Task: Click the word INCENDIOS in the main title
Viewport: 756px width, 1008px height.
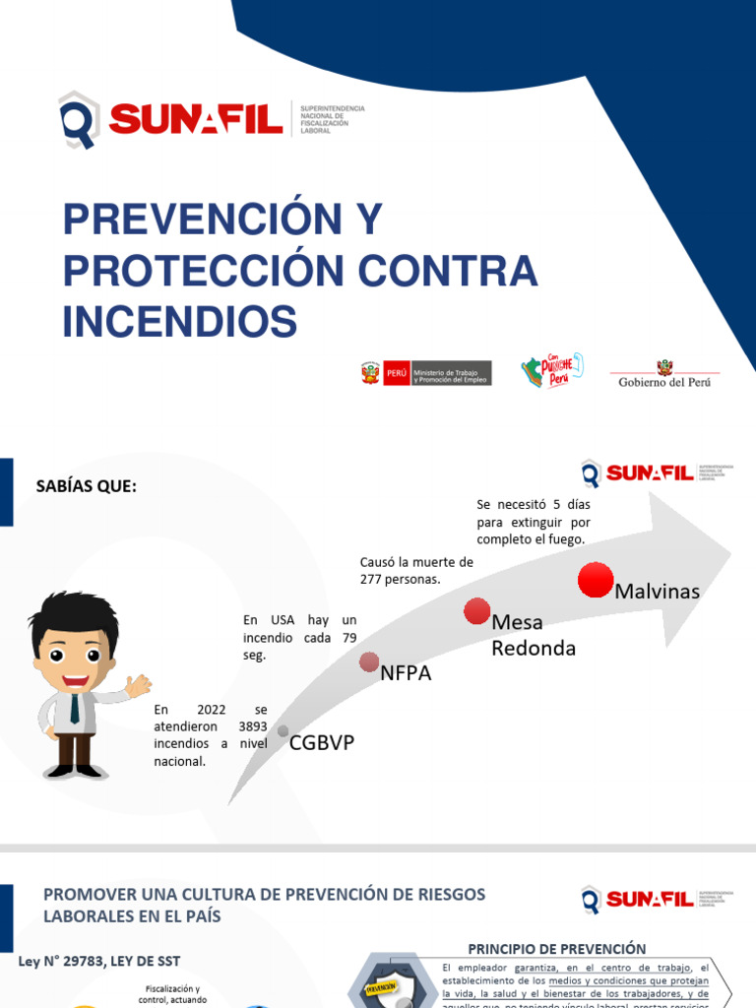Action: point(180,321)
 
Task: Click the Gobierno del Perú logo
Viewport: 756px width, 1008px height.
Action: point(664,373)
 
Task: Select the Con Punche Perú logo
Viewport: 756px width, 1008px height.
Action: point(551,370)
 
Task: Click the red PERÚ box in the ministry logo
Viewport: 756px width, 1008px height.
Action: point(396,374)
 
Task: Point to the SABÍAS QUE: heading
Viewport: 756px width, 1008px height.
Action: point(86,486)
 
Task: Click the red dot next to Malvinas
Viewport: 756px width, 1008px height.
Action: point(596,580)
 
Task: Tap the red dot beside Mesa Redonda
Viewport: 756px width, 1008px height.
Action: point(476,611)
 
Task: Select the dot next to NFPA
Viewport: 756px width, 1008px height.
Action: point(369,661)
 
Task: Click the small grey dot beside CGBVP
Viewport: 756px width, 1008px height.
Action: point(283,731)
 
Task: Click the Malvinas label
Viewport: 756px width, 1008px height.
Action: point(657,592)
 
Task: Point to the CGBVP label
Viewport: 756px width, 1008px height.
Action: point(321,743)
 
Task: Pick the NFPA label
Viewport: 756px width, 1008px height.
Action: point(406,674)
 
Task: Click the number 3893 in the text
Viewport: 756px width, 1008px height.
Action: point(253,726)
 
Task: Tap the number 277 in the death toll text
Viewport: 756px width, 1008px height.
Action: point(371,579)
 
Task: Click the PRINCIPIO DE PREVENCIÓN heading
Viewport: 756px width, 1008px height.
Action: point(557,949)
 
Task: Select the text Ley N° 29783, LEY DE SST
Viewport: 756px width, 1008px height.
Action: point(99,961)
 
